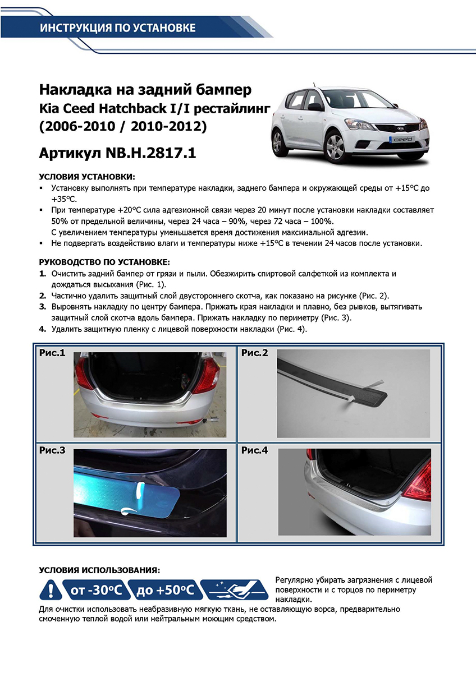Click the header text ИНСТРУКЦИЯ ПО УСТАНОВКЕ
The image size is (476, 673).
coord(117,28)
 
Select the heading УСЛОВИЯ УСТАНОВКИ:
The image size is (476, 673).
coord(87,177)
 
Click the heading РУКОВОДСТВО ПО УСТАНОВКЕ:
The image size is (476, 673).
coord(104,262)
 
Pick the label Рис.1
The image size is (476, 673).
coord(52,353)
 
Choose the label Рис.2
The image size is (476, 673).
coord(254,353)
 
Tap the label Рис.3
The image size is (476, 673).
coord(52,450)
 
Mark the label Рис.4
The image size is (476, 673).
coord(255,450)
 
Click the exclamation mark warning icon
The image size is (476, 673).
coord(51,590)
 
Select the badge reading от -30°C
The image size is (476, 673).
coord(93,590)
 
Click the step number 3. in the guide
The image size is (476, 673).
coord(43,307)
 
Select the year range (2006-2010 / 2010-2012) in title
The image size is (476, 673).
coord(123,127)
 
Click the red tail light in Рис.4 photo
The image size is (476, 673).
coord(419,481)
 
